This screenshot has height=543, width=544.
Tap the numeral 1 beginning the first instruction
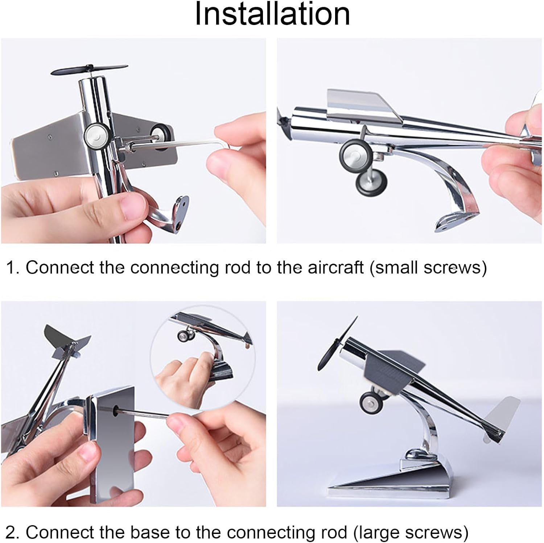pos(11,268)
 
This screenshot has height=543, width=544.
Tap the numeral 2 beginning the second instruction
pos(11,532)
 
